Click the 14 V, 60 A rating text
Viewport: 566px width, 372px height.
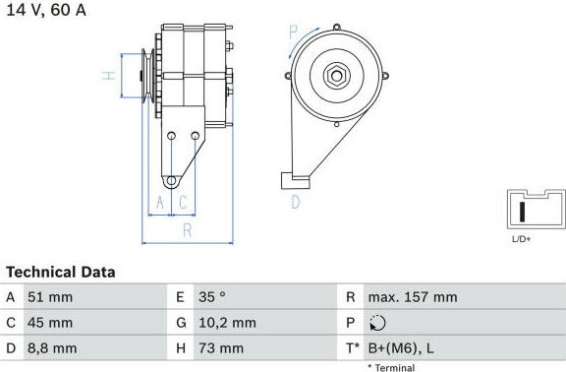(x=46, y=10)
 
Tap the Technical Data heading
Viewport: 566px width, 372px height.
(x=61, y=273)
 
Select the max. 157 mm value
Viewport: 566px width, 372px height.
(x=413, y=297)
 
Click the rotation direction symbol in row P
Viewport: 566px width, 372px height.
(x=377, y=323)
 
